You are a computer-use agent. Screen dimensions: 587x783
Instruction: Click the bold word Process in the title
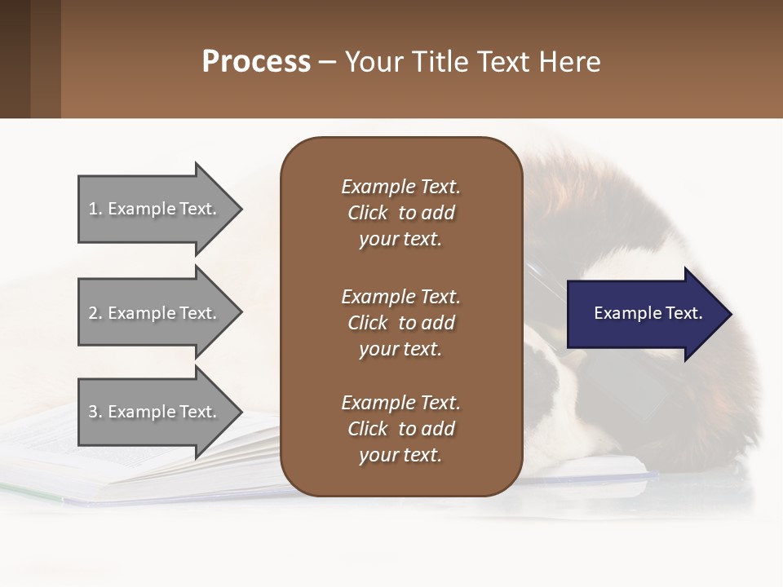(256, 62)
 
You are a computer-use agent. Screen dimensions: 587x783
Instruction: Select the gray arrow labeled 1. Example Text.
(159, 209)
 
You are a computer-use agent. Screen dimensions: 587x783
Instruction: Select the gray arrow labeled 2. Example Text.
(159, 313)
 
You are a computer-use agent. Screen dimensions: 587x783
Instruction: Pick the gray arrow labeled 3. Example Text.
(159, 412)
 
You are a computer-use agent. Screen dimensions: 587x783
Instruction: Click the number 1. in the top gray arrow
(95, 209)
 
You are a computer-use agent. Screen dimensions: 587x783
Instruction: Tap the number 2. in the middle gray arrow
(95, 313)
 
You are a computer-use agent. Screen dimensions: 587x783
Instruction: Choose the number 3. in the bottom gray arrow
(95, 412)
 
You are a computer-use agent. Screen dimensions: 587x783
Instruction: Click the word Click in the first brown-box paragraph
(368, 213)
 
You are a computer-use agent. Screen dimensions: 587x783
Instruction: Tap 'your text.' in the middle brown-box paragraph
(400, 349)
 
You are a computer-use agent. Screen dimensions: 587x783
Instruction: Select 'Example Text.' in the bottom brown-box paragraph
(400, 403)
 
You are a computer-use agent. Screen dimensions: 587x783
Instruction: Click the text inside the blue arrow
(648, 313)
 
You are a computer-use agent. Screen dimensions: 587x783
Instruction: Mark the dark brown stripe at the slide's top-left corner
(15, 59)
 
